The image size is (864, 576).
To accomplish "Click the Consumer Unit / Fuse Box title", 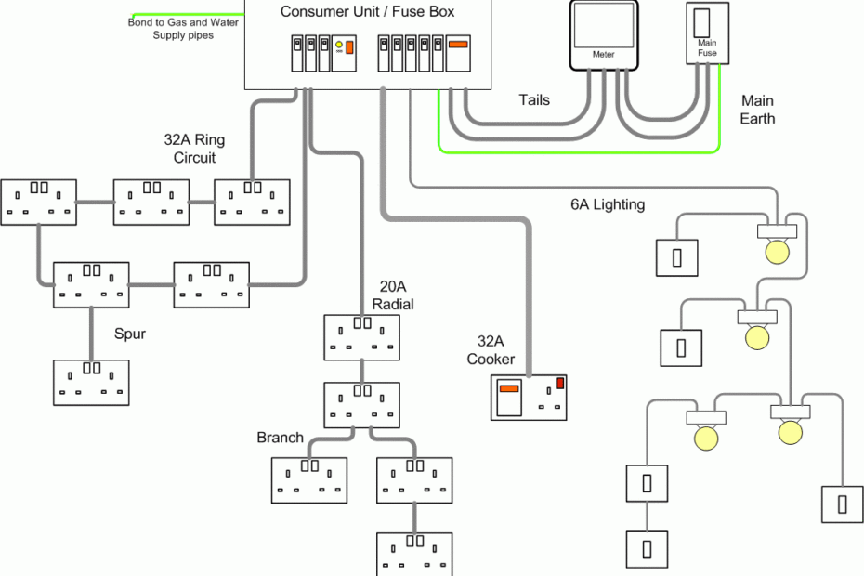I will [x=367, y=11].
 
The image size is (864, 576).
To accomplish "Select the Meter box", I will [x=604, y=34].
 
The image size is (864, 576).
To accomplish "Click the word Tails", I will [x=533, y=100].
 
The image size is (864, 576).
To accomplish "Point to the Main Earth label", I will [x=757, y=110].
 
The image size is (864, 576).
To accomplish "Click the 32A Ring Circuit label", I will [x=194, y=149].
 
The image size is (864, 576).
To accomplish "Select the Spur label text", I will [x=130, y=333].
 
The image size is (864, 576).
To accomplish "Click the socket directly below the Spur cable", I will [x=91, y=383].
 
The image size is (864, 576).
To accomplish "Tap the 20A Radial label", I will [x=392, y=295].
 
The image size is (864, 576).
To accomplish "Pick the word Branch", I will [x=281, y=438].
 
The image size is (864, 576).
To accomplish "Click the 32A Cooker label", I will [x=491, y=351].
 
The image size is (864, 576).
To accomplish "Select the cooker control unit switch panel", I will [x=529, y=398].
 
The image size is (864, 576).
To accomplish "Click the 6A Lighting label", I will [x=608, y=204].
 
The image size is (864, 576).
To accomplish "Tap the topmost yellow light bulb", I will [x=775, y=250].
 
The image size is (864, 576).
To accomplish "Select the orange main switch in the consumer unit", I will [x=457, y=44].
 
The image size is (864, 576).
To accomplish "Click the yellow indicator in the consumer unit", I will [x=339, y=45].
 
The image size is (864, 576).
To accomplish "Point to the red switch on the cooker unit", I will [x=560, y=383].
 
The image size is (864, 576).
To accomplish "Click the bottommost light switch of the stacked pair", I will [x=647, y=548].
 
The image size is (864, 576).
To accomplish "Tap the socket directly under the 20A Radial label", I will [x=361, y=337].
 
